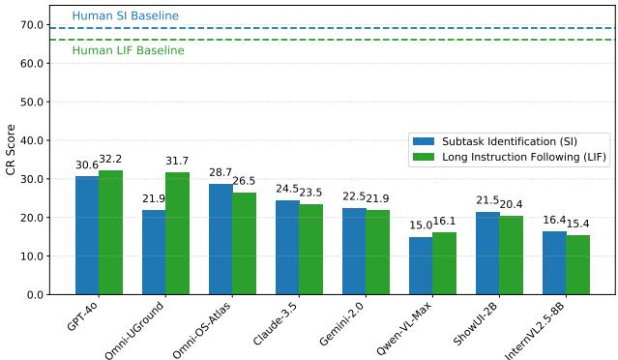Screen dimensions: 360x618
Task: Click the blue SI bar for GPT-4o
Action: [x=87, y=235]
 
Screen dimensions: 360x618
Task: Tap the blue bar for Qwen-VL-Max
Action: [x=421, y=265]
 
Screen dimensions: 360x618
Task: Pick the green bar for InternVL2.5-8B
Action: [x=577, y=264]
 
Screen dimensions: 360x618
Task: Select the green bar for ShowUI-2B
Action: [x=511, y=255]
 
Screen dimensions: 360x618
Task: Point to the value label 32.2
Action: [x=110, y=160]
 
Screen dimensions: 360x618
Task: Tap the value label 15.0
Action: [x=421, y=225]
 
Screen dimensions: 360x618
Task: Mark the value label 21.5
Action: [x=487, y=200]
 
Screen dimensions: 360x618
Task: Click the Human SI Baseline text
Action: [x=126, y=16]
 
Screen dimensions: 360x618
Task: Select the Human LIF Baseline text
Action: [x=128, y=50]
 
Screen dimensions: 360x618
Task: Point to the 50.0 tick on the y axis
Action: [x=32, y=102]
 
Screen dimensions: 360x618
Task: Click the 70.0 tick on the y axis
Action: [x=32, y=25]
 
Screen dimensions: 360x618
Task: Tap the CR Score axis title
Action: [x=11, y=149]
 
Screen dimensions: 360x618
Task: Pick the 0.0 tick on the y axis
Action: [x=35, y=294]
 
